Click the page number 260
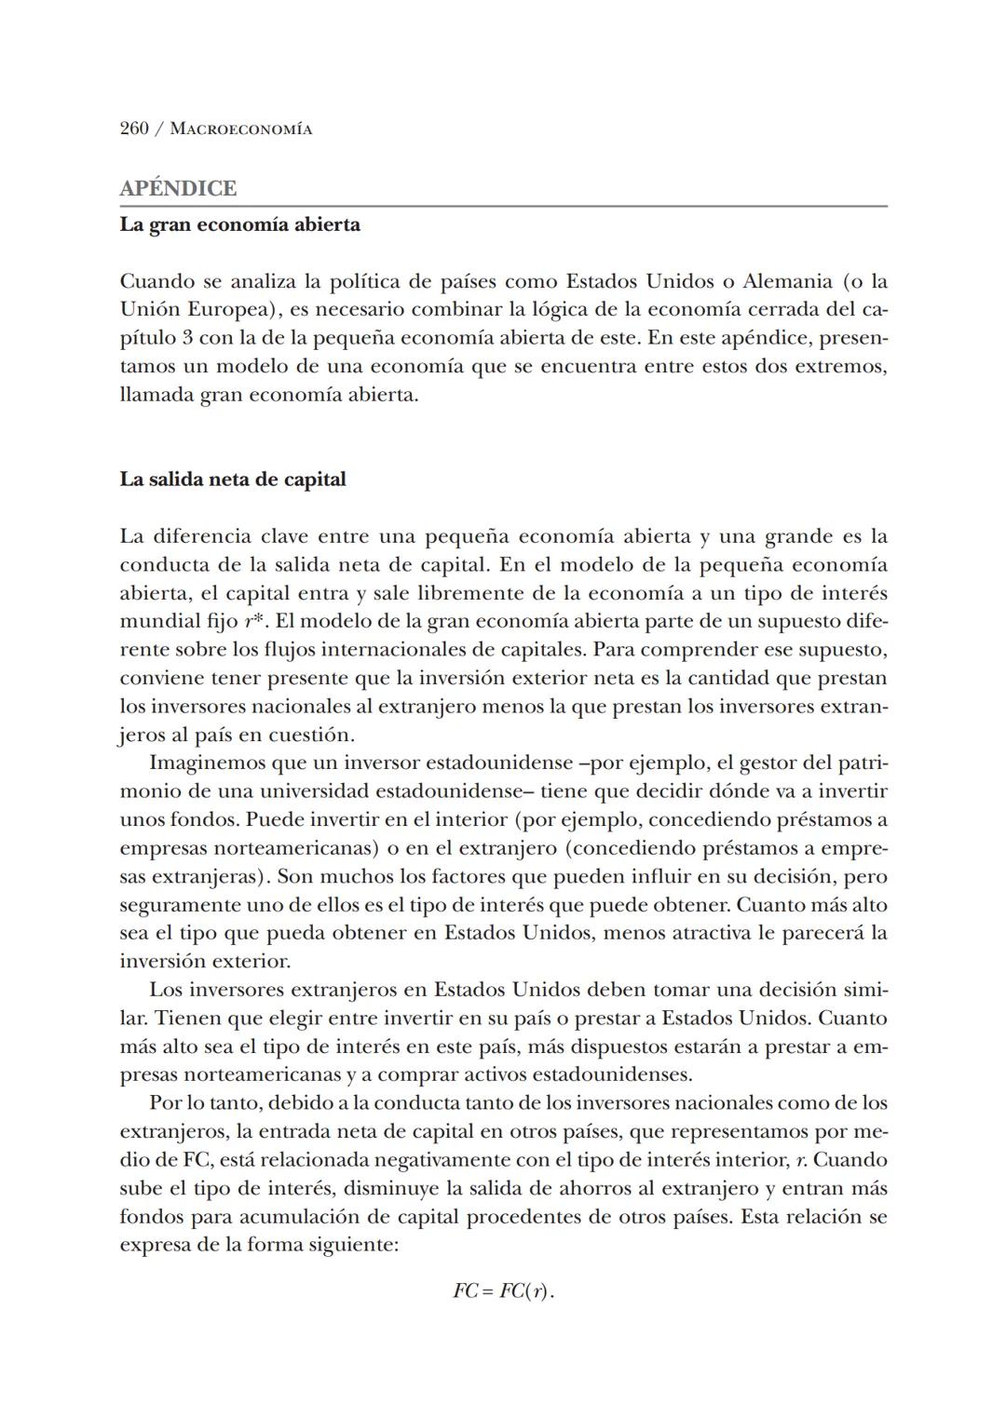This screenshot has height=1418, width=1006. pyautogui.click(x=134, y=128)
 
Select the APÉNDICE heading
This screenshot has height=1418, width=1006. pyautogui.click(x=178, y=188)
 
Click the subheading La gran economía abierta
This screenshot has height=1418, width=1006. pyautogui.click(x=239, y=224)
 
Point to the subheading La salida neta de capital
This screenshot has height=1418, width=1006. pyautogui.click(x=232, y=479)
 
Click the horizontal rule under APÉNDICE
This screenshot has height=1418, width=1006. pyautogui.click(x=503, y=206)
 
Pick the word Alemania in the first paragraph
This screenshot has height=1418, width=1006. pyautogui.click(x=786, y=281)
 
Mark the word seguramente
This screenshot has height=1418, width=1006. pyautogui.click(x=178, y=905)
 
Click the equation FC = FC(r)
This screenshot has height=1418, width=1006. pyautogui.click(x=503, y=1291)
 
